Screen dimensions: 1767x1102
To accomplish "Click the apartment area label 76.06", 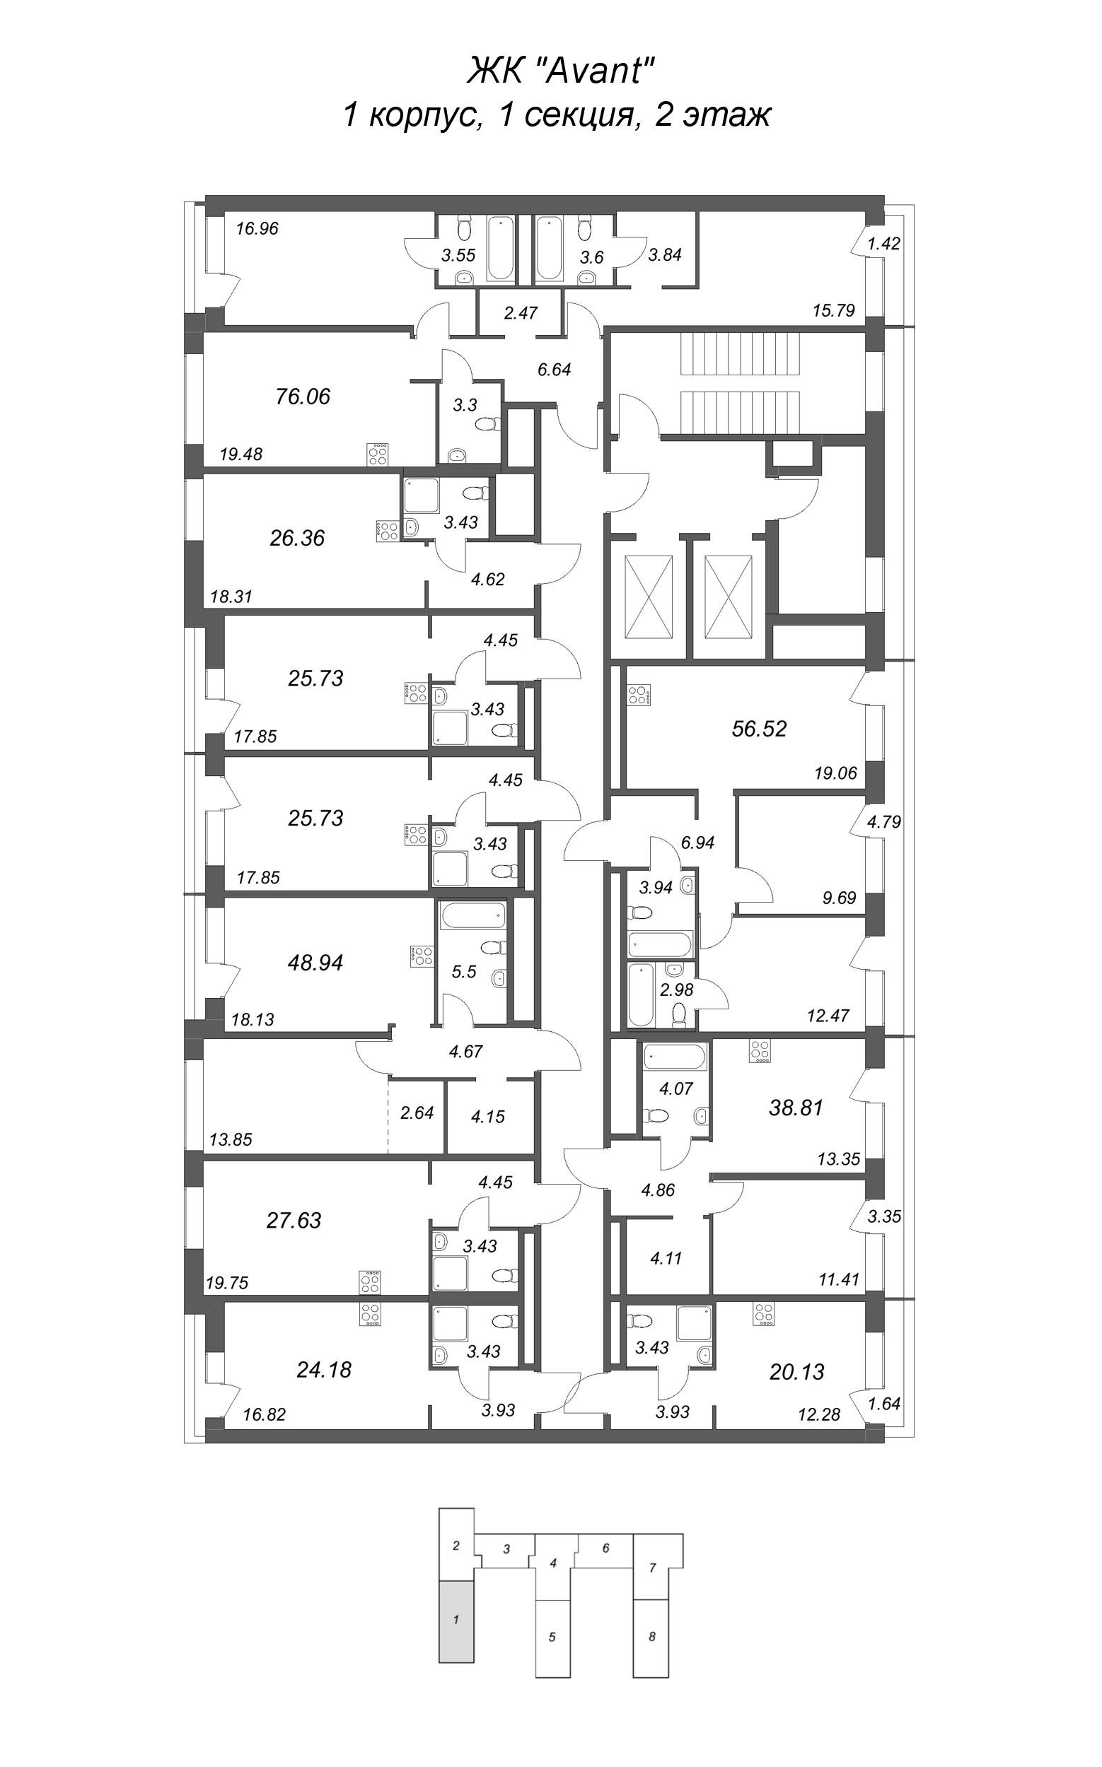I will [x=303, y=397].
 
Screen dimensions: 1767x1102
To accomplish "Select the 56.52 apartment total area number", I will [x=759, y=729].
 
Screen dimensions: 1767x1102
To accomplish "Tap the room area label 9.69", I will [x=839, y=898].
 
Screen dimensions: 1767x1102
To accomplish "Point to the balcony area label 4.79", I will [x=884, y=821].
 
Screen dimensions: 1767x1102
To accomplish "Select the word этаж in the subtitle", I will [x=726, y=115].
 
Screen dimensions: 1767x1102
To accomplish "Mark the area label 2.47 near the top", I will [x=521, y=312].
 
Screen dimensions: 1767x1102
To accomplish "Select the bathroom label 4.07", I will [x=675, y=1088].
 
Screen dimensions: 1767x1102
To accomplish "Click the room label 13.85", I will [x=231, y=1139].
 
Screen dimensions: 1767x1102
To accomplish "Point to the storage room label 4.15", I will [x=487, y=1117].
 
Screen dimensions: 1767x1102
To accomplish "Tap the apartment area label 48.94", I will [x=315, y=963].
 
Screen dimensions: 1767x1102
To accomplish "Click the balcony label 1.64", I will [x=884, y=1402].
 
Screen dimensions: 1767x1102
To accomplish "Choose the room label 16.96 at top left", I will [x=257, y=229].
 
